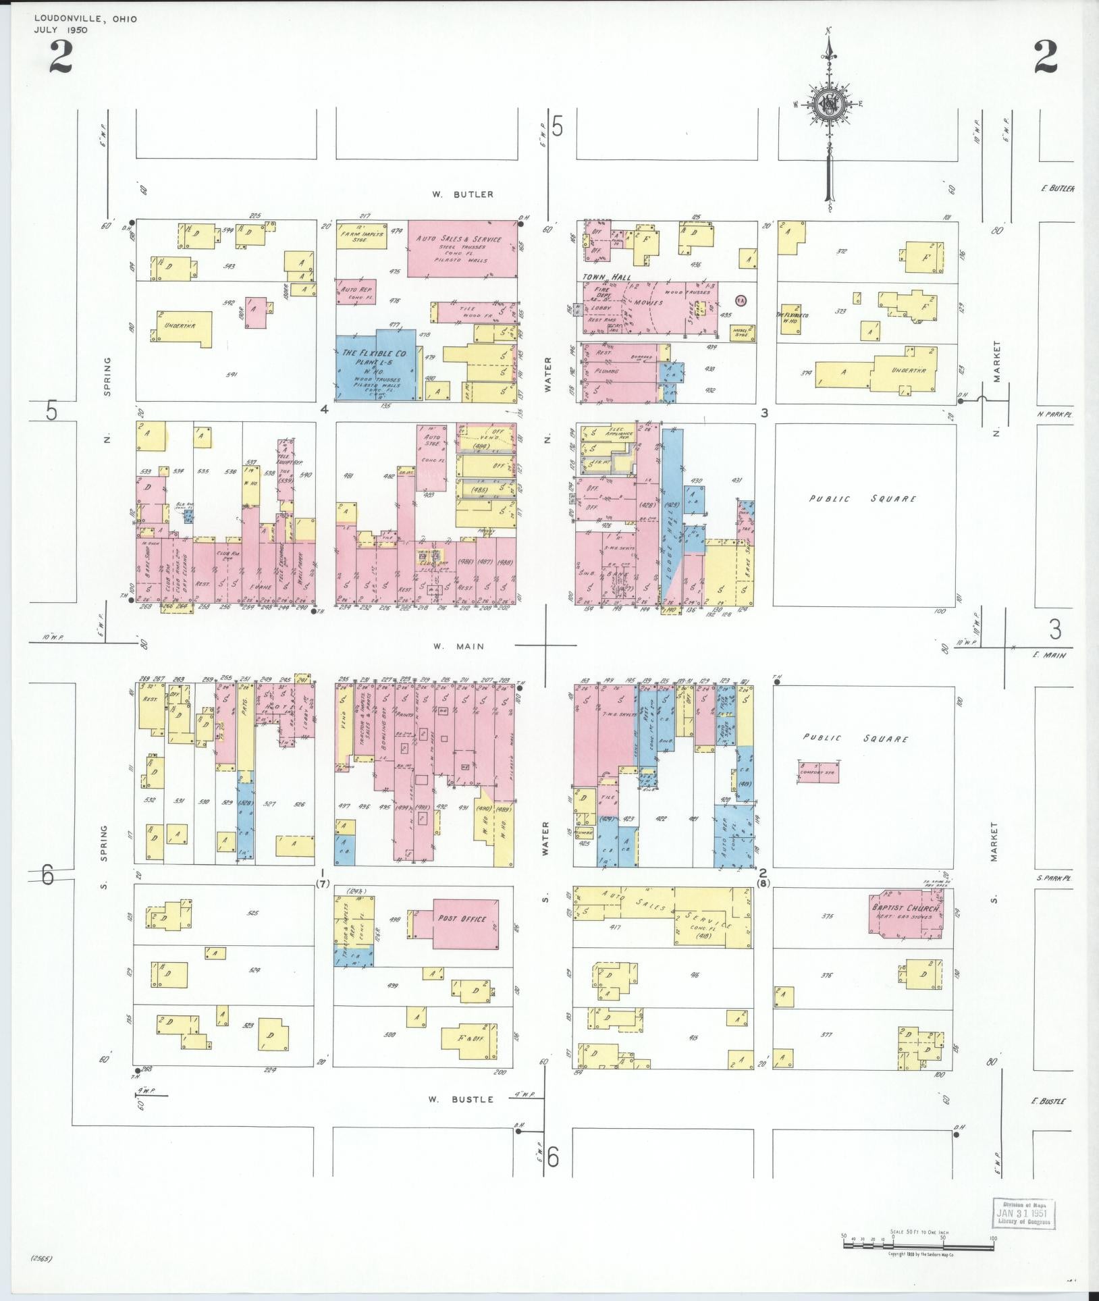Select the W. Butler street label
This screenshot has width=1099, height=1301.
[x=463, y=194]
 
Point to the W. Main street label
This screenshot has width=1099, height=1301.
[x=459, y=646]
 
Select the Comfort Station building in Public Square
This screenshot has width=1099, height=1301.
[x=819, y=772]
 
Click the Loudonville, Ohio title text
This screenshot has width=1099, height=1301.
[x=86, y=19]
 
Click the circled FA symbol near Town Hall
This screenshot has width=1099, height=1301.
[x=741, y=299]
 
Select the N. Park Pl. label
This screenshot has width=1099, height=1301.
[x=1054, y=415]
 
